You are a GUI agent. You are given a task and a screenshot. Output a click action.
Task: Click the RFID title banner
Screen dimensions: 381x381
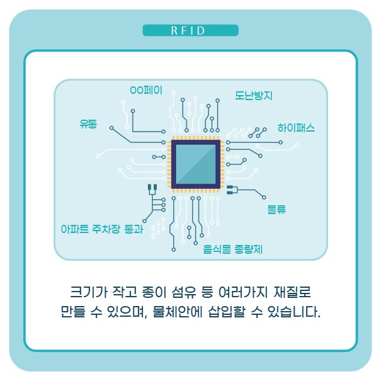click(190, 31)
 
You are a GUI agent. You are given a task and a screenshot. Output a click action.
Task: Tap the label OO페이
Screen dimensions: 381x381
click(146, 91)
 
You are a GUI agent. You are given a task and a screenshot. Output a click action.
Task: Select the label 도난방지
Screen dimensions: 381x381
click(254, 96)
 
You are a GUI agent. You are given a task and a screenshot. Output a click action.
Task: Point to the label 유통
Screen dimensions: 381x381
click(88, 123)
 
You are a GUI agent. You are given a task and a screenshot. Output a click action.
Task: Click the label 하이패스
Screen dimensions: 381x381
click(296, 128)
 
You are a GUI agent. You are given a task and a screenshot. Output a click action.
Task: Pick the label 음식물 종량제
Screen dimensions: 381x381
click(233, 249)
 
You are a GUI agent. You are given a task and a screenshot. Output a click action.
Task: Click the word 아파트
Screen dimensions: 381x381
click(75, 230)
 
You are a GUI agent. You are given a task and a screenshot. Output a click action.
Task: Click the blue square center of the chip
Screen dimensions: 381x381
click(195, 164)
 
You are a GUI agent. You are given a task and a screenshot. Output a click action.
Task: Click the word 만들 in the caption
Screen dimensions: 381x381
click(71, 312)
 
